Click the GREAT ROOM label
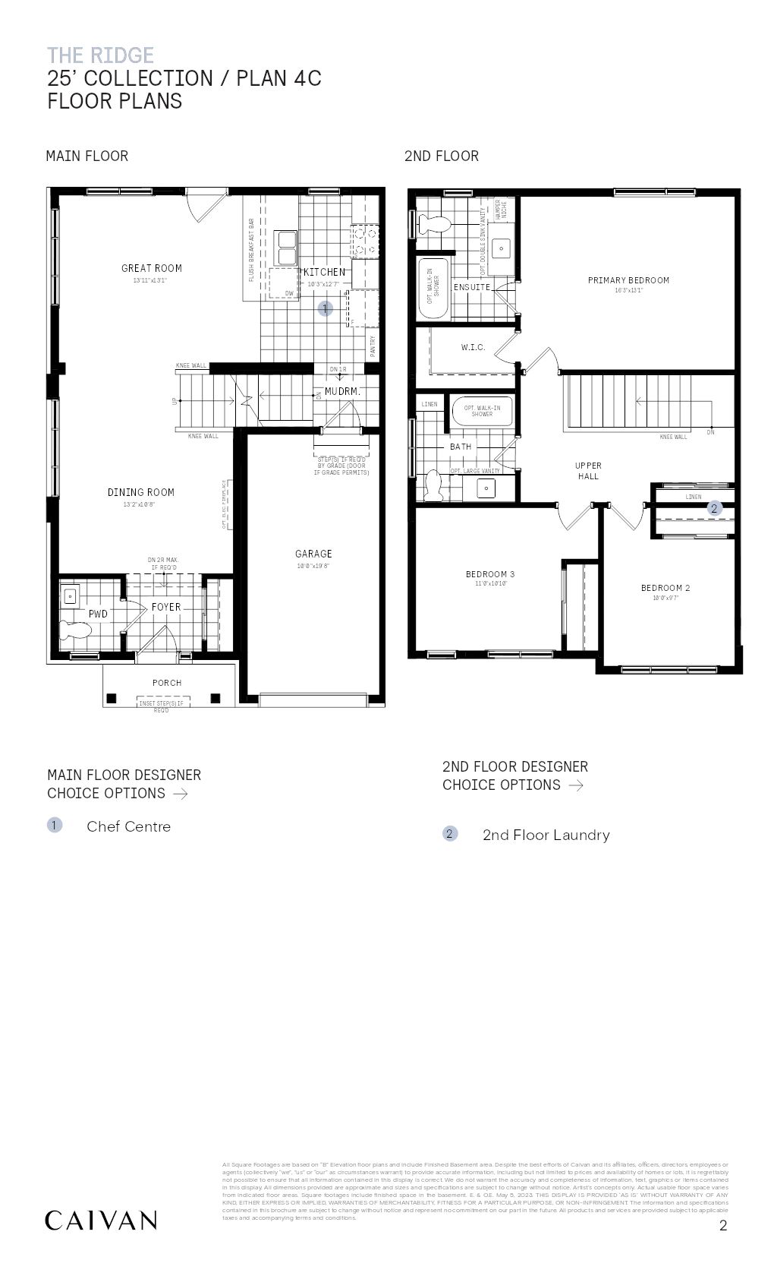coord(152,268)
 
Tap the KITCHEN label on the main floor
coord(324,272)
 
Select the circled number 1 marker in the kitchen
coord(325,308)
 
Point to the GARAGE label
coord(313,554)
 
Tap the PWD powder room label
coord(98,614)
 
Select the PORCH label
coord(167,683)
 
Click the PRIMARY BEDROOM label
coord(628,280)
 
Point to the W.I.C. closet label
coord(473,347)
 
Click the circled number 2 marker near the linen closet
coord(713,509)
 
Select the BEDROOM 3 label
coord(490,574)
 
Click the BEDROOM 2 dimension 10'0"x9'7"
coord(665,598)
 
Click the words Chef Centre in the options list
coord(128,826)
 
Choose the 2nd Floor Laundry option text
coord(546,835)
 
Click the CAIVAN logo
coord(101,1221)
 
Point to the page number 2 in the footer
coord(723,1225)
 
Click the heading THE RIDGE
coord(100,55)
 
